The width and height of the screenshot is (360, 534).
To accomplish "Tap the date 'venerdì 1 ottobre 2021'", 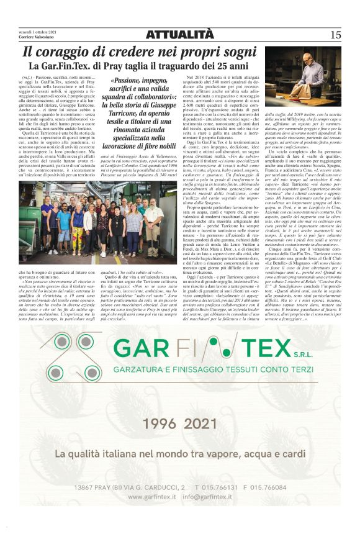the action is pos(38,31).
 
